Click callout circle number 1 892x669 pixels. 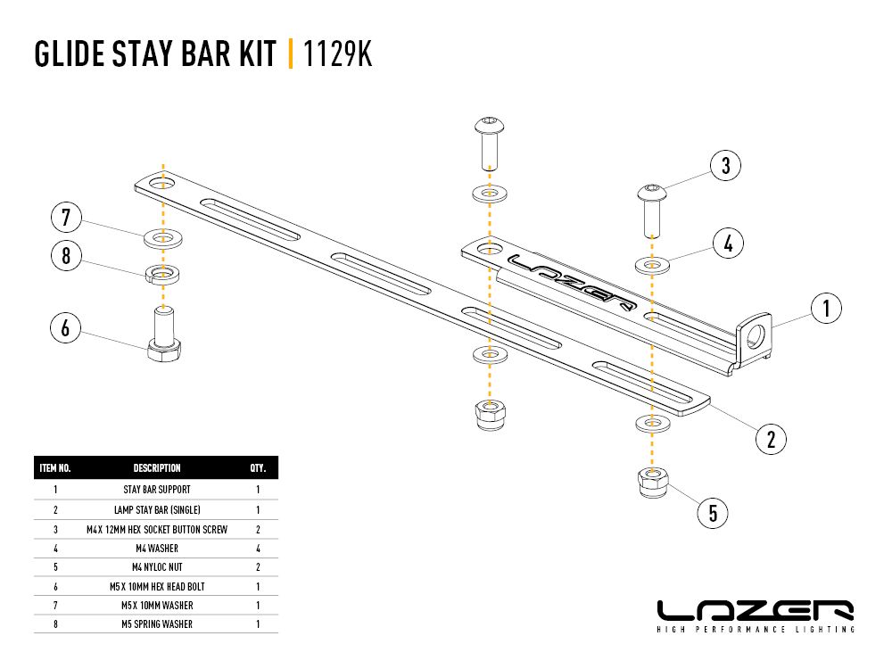[x=826, y=309]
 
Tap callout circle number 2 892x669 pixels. [x=771, y=438]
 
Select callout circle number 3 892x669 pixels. [x=726, y=165]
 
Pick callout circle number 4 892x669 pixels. [x=729, y=242]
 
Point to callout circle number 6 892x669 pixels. [x=65, y=328]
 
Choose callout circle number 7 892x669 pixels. [x=66, y=217]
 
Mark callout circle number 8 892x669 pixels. [x=66, y=257]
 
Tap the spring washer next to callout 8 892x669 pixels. [x=162, y=272]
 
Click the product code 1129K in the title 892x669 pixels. [x=337, y=54]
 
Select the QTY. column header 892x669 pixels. [x=258, y=468]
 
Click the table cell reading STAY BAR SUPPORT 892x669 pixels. [x=157, y=490]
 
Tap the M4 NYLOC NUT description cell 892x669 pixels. [x=157, y=567]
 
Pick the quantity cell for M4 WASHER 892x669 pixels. [x=258, y=548]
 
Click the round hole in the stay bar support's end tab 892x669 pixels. [x=756, y=335]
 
